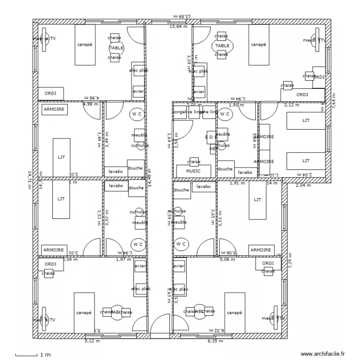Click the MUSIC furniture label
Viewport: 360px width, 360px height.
click(x=194, y=171)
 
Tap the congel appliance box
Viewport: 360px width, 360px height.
click(x=180, y=112)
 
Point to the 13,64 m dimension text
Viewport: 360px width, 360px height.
click(x=179, y=26)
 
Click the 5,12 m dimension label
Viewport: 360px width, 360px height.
click(x=92, y=341)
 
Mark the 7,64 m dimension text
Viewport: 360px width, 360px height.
click(x=335, y=101)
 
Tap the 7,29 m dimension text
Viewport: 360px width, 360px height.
click(x=289, y=262)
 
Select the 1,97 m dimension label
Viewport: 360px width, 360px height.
click(x=123, y=260)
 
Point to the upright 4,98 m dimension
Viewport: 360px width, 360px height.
click(x=90, y=104)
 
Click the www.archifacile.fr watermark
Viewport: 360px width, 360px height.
click(x=323, y=353)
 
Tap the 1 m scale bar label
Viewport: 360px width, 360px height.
click(x=45, y=355)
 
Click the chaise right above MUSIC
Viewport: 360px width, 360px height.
click(x=194, y=162)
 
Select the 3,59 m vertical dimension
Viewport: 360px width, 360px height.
click(x=189, y=62)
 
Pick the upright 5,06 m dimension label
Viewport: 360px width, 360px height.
click(x=227, y=260)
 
